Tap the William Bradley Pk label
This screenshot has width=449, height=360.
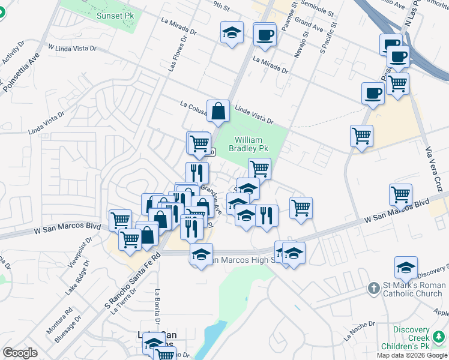pos(250,143)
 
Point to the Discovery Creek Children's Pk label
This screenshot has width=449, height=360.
pos(412,338)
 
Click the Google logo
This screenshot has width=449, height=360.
pos(20,353)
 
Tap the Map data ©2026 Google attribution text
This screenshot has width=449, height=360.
pos(412,355)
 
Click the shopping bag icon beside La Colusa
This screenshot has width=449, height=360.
pos(218,110)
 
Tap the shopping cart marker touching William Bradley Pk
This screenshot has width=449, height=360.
pos(259,169)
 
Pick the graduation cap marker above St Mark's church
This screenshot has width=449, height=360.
pos(406,267)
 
